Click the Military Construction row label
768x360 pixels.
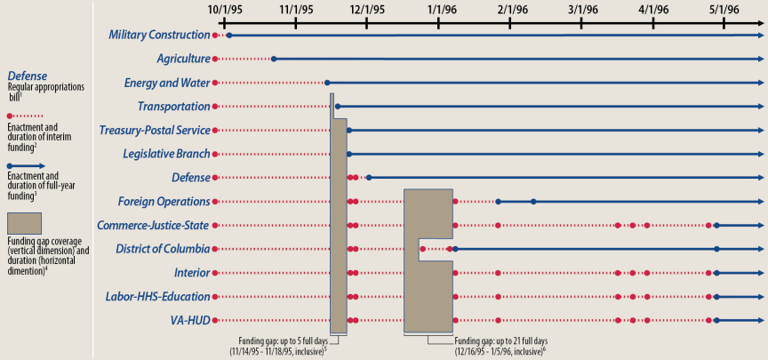click(159, 35)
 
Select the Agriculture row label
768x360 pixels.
click(183, 59)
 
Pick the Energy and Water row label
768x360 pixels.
click(167, 83)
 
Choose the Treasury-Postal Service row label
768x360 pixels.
click(155, 130)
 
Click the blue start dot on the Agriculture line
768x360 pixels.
click(274, 59)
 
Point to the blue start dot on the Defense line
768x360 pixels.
click(369, 178)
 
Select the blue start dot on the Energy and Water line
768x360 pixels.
click(327, 83)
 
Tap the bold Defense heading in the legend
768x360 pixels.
click(27, 76)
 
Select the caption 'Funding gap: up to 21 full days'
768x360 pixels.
click(500, 340)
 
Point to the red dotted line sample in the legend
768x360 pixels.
click(27, 116)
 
